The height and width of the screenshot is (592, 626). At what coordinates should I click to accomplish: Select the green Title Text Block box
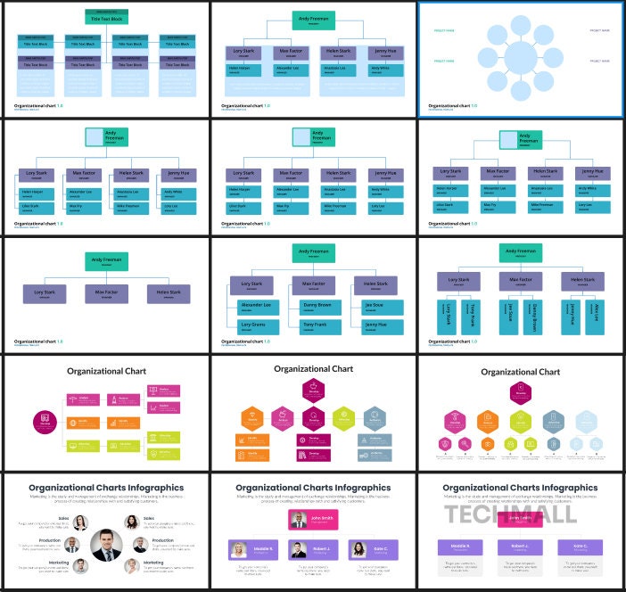tap(106, 17)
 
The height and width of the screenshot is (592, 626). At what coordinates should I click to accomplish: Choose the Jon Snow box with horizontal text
tap(374, 306)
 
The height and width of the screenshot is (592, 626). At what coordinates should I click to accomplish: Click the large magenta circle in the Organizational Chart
tap(45, 421)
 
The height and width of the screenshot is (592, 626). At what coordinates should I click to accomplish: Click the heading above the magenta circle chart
tap(106, 371)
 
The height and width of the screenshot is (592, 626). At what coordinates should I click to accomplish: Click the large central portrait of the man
tap(106, 544)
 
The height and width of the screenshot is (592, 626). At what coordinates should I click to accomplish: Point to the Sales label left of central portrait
tap(64, 517)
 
